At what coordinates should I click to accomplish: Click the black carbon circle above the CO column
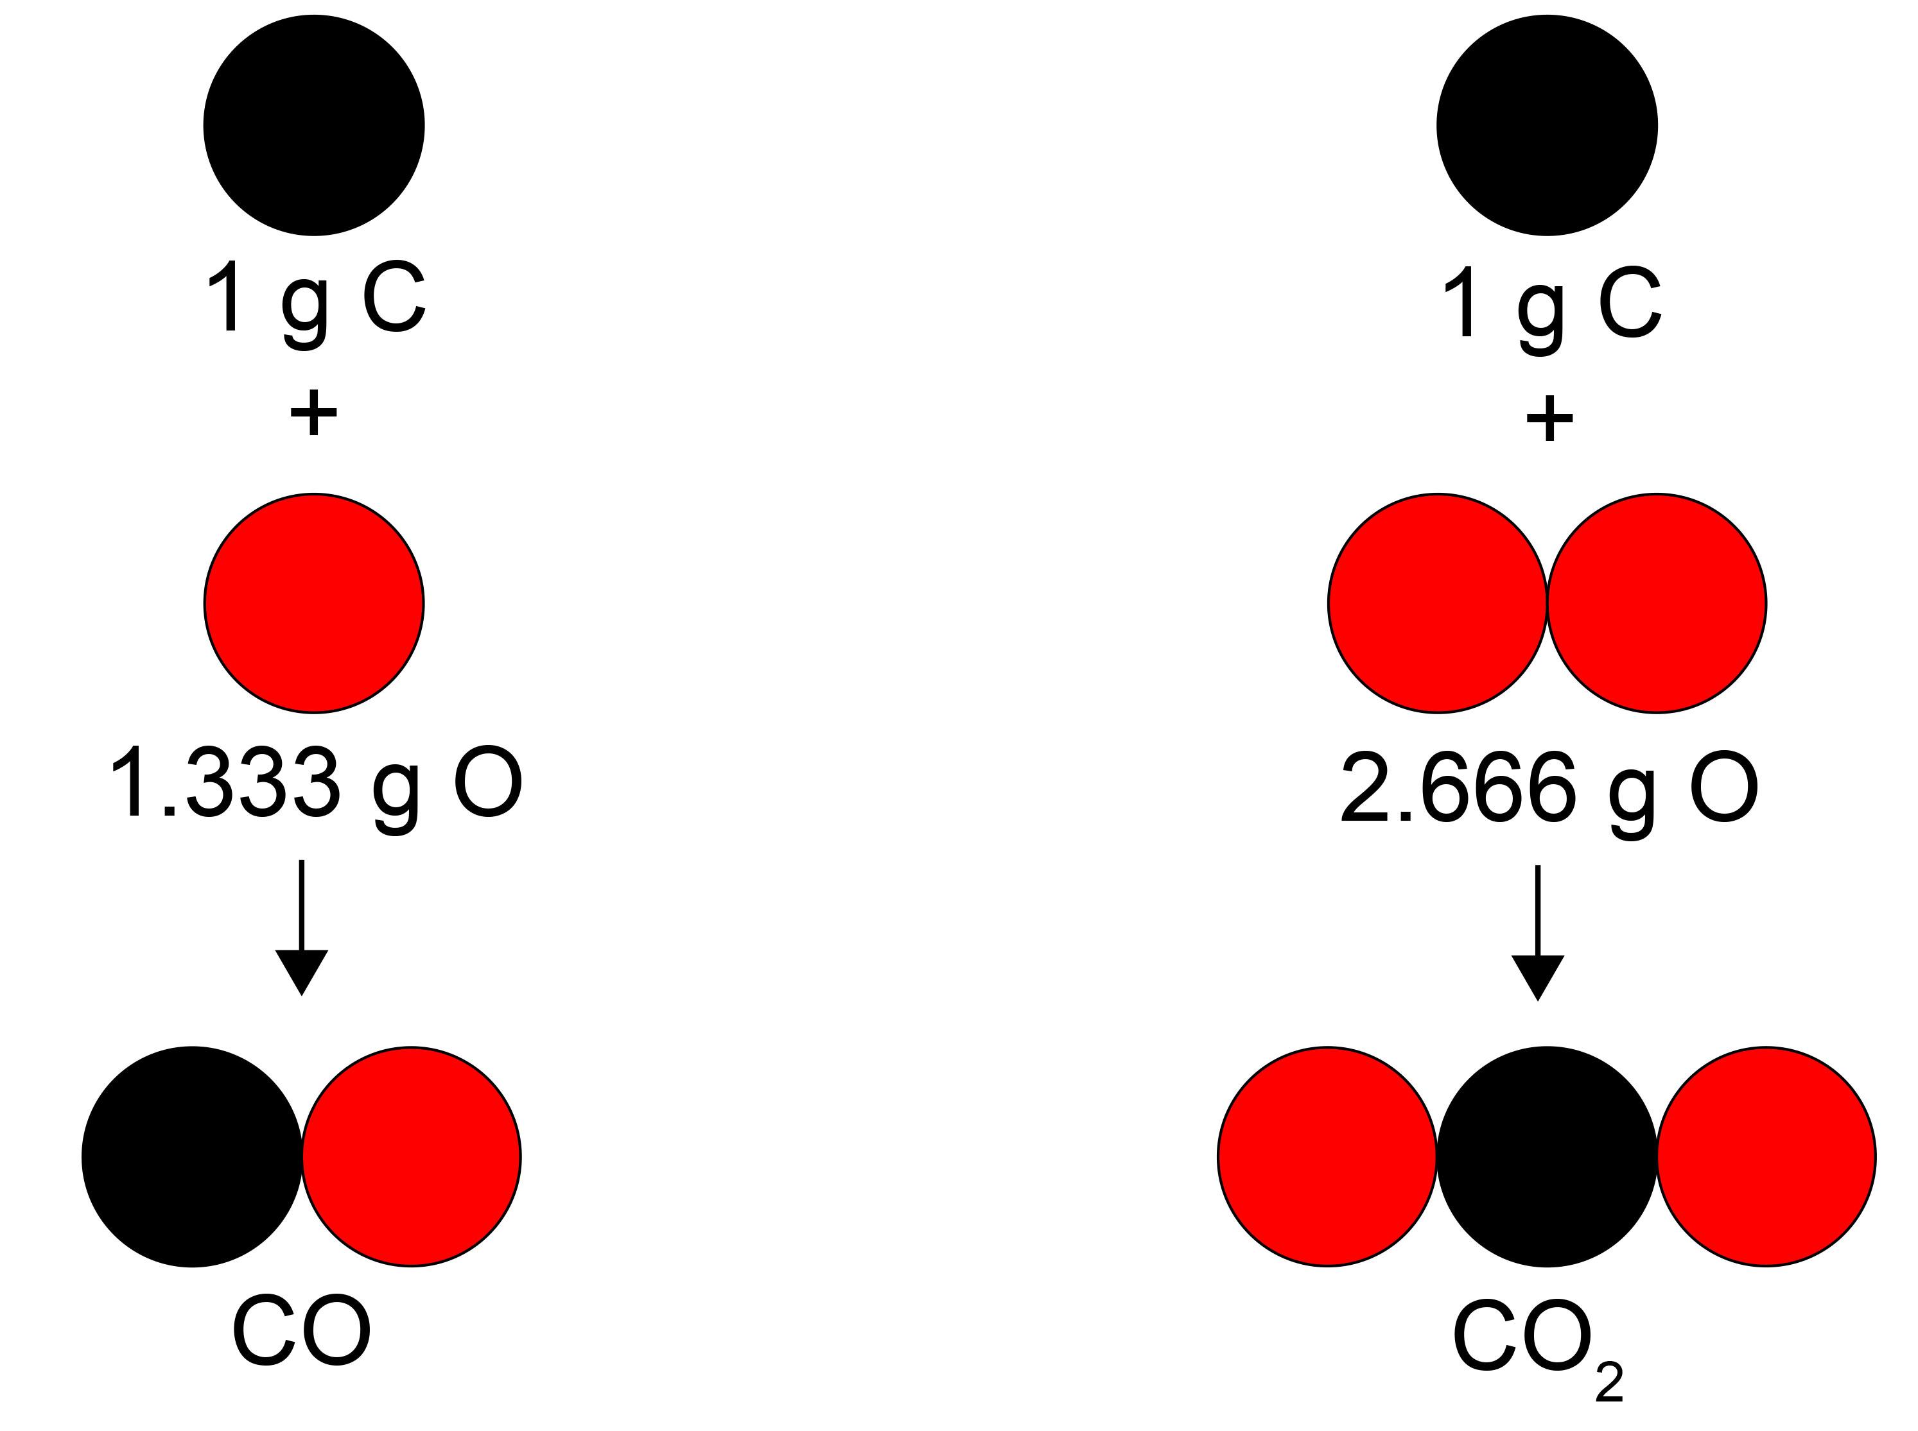point(314,124)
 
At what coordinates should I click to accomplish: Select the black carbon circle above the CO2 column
point(1547,124)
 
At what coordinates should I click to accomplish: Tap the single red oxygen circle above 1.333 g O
point(314,604)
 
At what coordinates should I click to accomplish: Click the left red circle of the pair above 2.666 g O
point(1437,604)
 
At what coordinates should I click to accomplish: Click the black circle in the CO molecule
point(191,1156)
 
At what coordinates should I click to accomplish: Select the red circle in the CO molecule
point(412,1156)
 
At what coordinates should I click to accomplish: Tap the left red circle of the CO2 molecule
point(1327,1156)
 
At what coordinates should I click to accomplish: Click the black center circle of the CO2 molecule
point(1547,1156)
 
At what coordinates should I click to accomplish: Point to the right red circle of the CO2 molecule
point(1766,1156)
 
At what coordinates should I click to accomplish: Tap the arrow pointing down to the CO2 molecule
point(1537,936)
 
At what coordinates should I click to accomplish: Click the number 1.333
point(223,784)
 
